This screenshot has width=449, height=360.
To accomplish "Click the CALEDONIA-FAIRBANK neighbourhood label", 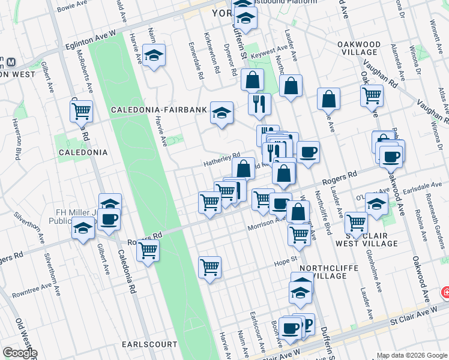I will (158, 110).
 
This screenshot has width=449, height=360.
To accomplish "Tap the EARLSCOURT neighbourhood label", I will (149, 344).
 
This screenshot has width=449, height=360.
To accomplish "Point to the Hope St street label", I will (286, 260).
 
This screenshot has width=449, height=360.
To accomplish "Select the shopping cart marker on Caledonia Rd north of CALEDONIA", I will (81, 110).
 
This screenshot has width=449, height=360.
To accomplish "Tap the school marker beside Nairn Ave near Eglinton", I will (154, 56).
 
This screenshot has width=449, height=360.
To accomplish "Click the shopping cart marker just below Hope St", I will (209, 266).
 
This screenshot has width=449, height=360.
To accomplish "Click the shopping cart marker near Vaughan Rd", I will (372, 95).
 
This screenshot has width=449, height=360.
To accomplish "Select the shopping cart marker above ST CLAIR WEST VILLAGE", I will (356, 222).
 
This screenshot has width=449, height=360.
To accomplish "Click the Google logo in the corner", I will (20, 353).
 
